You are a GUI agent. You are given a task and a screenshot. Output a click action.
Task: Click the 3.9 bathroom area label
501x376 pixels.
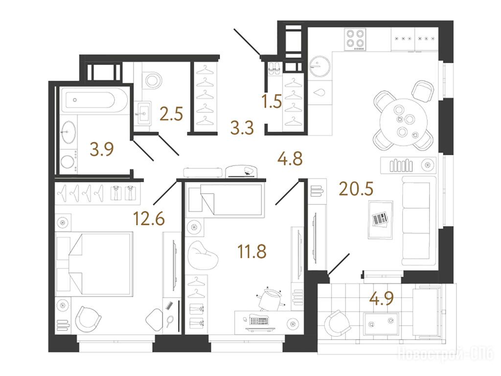tap(102, 149)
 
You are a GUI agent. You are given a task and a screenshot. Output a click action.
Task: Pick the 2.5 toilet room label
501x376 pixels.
tap(171, 114)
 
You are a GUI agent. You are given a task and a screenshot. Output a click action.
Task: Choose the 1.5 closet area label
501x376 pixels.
tap(272, 101)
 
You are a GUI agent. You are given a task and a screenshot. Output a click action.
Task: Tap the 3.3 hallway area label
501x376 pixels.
tap(242, 128)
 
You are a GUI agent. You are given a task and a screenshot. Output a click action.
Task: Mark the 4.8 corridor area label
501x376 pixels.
tap(290, 159)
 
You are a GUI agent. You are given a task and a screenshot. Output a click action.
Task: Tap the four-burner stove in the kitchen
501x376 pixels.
tap(355, 39)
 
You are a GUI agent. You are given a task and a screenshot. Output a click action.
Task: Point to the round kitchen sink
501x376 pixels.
tap(320, 67)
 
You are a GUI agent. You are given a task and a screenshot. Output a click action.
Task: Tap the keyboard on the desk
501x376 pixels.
tap(259, 320)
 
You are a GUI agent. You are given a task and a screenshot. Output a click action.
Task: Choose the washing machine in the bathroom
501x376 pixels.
tap(68, 162)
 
